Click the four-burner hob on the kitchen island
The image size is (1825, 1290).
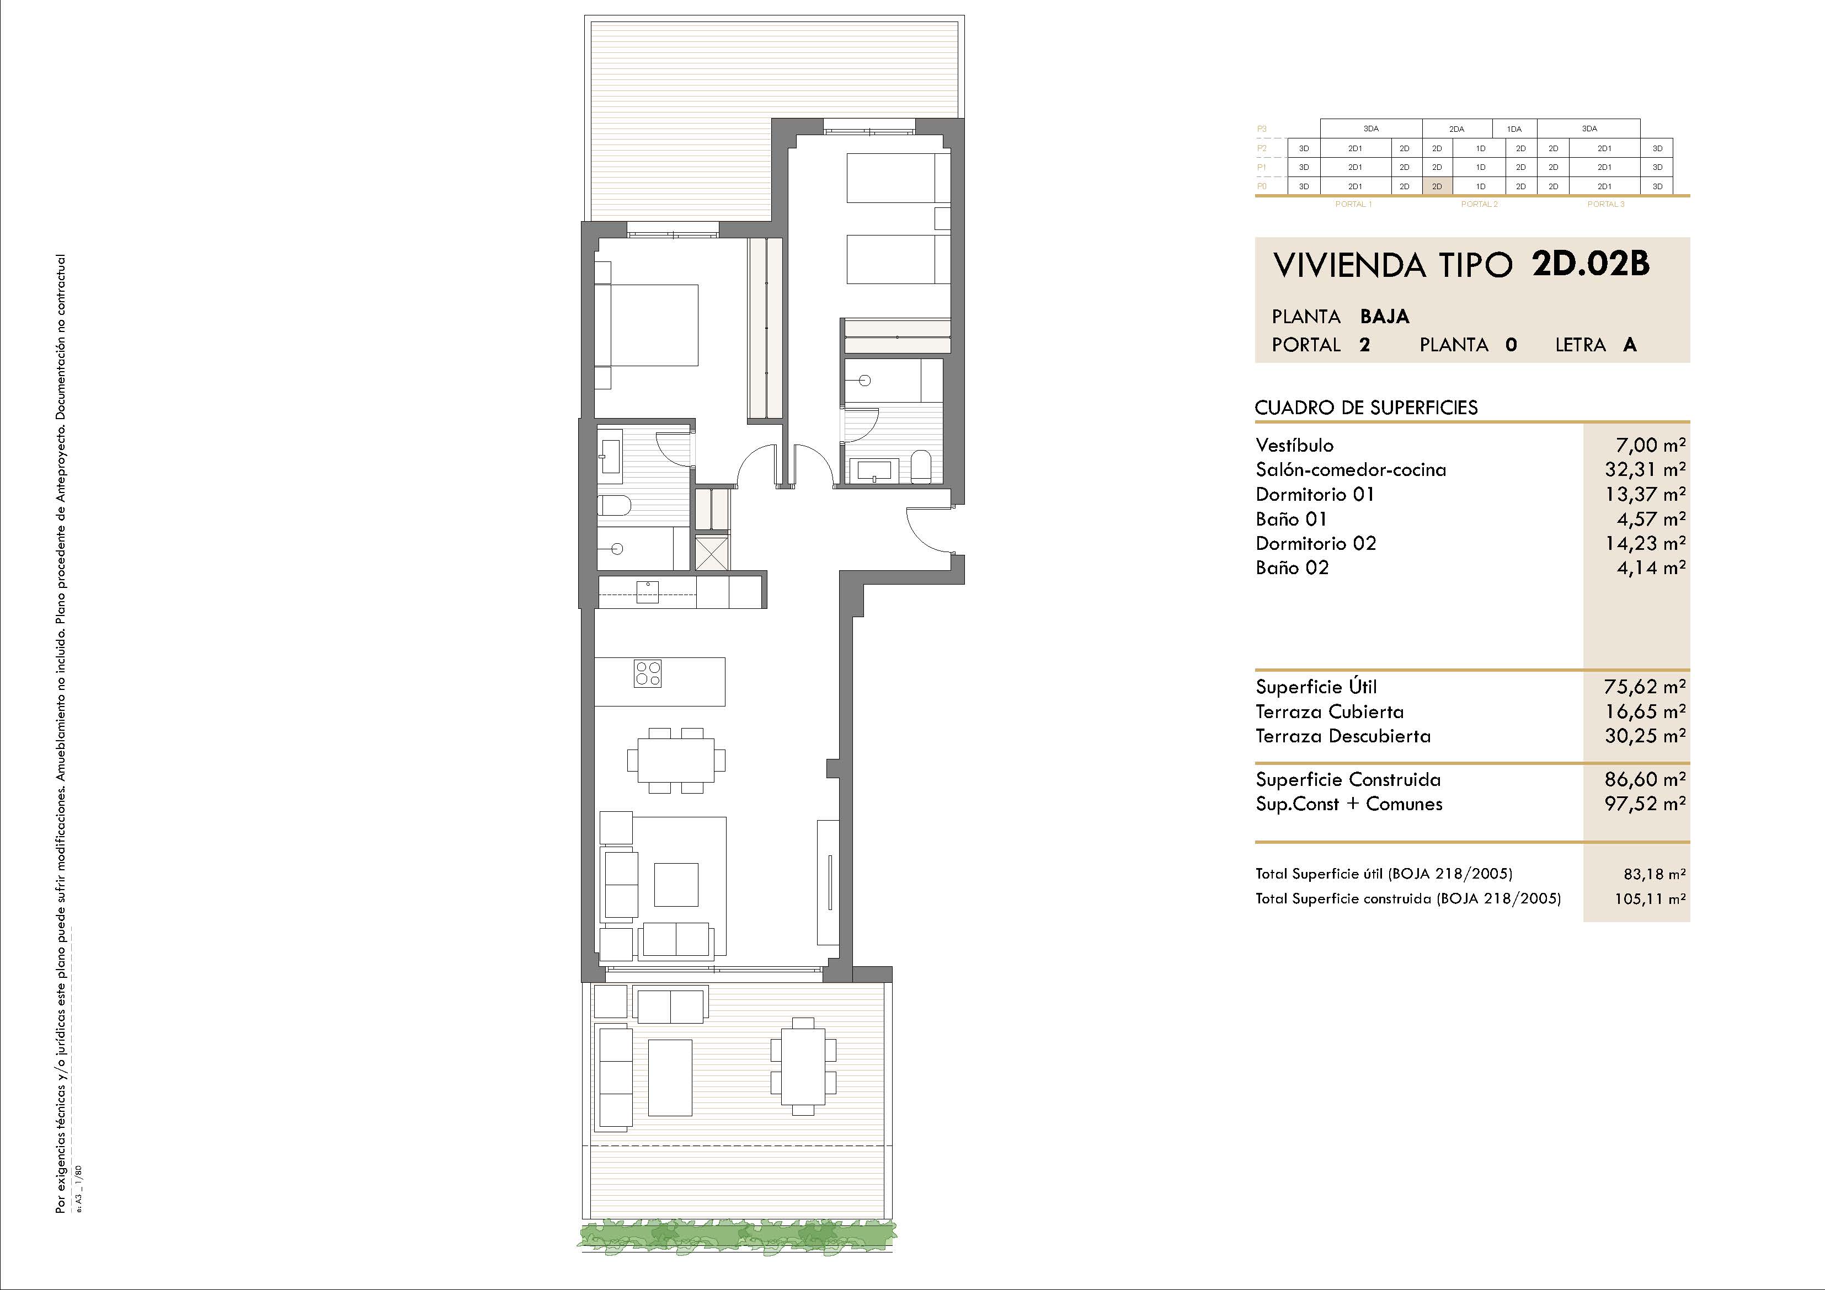pos(648,674)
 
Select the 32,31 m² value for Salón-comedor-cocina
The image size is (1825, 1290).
pos(1645,470)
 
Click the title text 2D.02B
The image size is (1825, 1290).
pos(1591,264)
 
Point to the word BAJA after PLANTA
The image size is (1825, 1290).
pos(1385,317)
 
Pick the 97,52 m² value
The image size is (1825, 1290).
pos(1645,804)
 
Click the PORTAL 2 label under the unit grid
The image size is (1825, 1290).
pos(1479,204)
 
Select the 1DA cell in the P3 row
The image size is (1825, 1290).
pos(1514,129)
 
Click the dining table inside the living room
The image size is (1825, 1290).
pos(676,761)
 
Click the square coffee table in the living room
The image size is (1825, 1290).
pos(676,885)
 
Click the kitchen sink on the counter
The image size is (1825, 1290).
pos(648,592)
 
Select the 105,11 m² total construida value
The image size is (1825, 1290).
pos(1650,899)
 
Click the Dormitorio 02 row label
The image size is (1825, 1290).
pos(1315,544)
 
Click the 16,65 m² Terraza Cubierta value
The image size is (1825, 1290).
pos(1645,711)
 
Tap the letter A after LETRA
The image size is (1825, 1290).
pos(1630,345)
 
